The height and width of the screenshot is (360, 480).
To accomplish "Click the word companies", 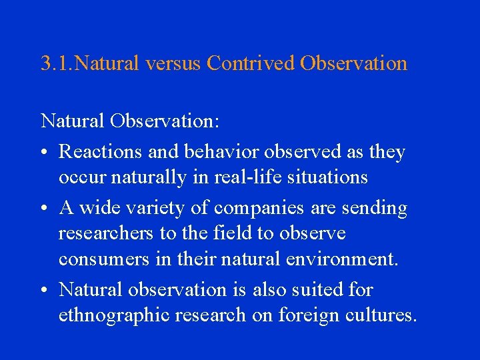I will click(x=261, y=209).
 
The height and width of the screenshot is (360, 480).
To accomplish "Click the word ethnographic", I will click(x=113, y=315).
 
